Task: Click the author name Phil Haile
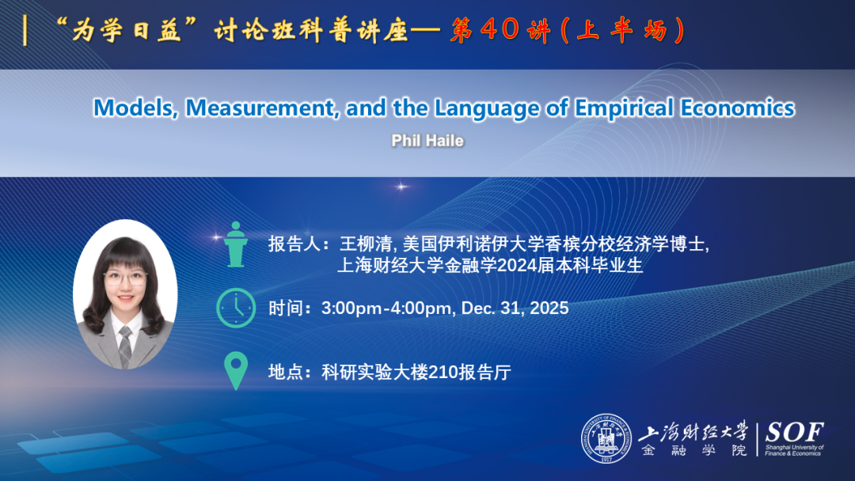pyautogui.click(x=427, y=141)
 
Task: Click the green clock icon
pyautogui.click(x=235, y=308)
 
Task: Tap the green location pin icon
pyautogui.click(x=236, y=370)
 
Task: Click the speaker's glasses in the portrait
pyautogui.click(x=125, y=279)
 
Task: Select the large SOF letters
pyautogui.click(x=794, y=433)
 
